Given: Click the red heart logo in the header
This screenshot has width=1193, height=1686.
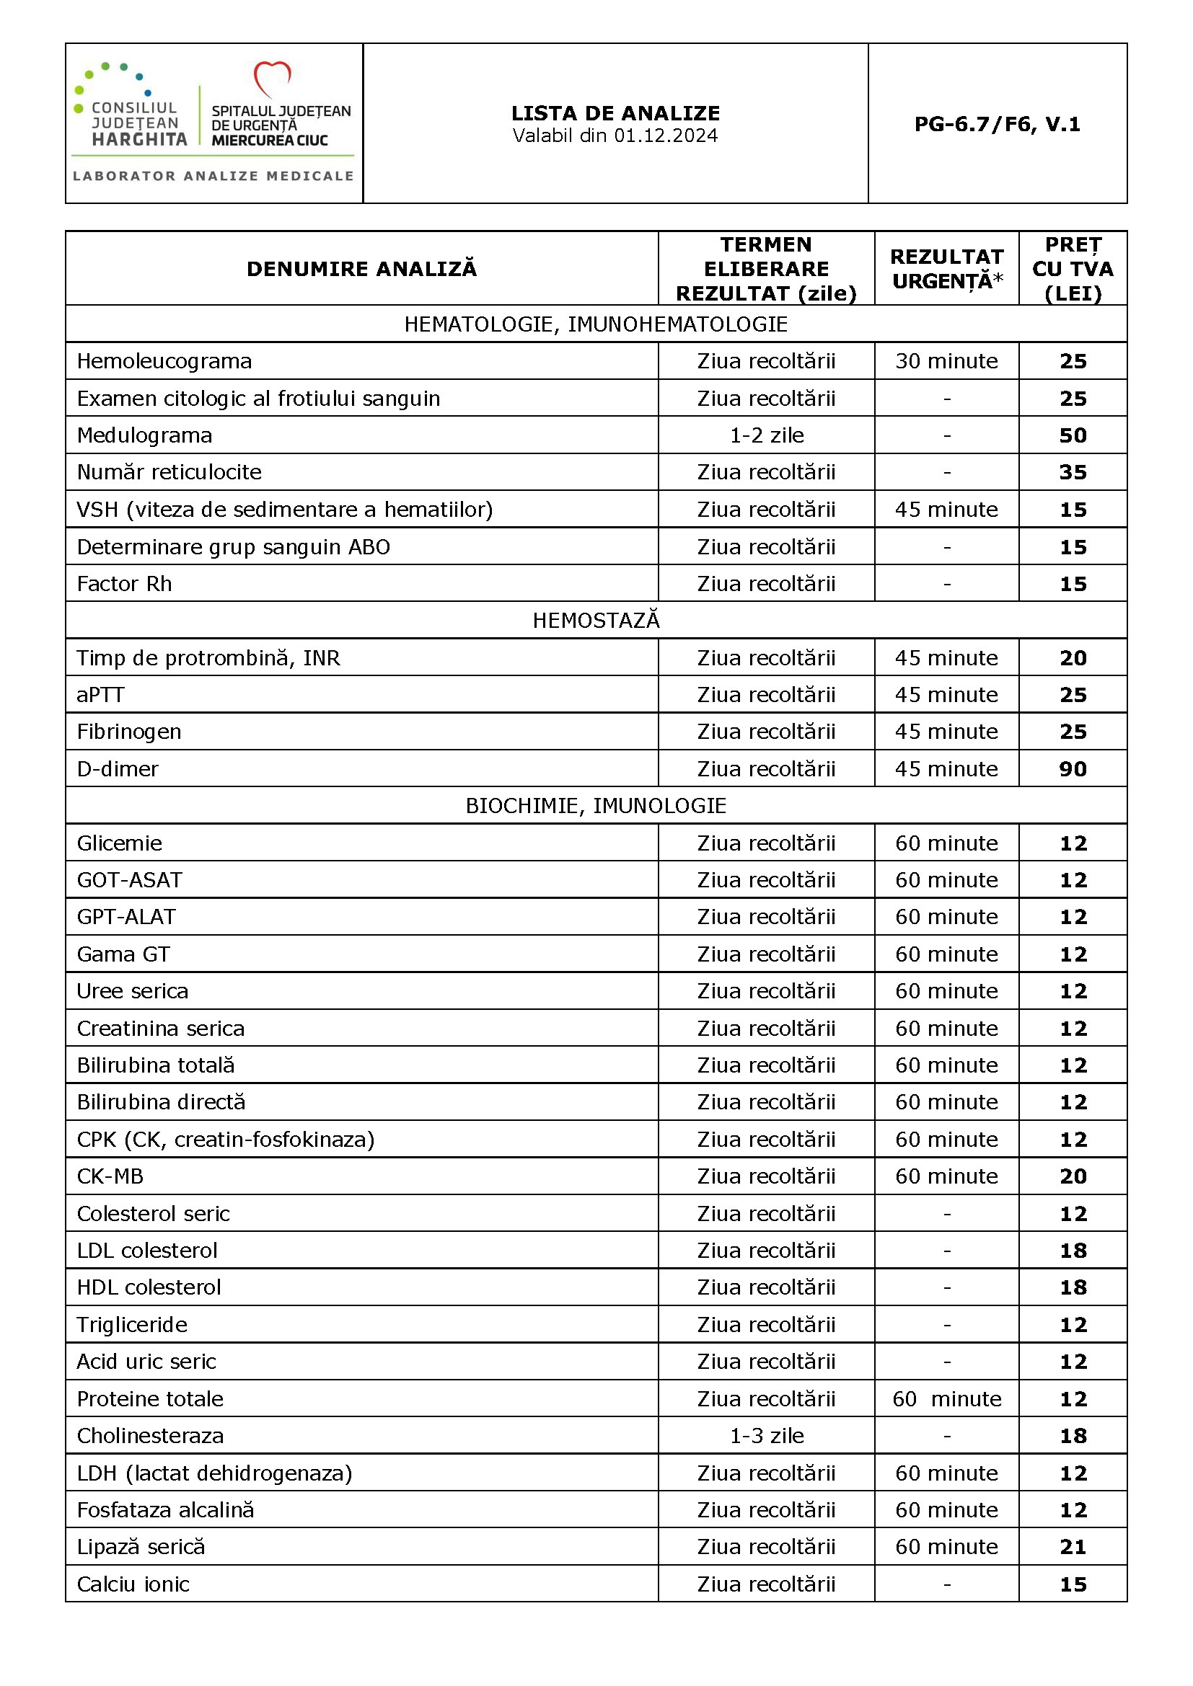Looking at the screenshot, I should click(x=272, y=78).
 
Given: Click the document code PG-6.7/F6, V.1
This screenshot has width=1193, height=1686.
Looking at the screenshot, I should click(x=997, y=124).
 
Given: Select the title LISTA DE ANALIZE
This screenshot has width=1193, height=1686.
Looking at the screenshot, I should click(x=615, y=113).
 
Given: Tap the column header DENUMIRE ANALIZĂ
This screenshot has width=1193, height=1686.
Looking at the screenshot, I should click(x=361, y=269).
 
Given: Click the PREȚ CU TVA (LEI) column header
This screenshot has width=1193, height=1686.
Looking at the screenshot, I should click(x=1073, y=269).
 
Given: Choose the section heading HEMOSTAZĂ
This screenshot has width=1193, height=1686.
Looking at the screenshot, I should click(x=596, y=621).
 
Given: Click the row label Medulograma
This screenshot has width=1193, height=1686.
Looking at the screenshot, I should click(x=145, y=435).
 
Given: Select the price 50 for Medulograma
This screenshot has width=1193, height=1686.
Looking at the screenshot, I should click(x=1073, y=435).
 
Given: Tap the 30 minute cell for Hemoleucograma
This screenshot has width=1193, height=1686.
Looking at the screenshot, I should click(x=946, y=361).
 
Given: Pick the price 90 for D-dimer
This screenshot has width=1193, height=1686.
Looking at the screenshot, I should click(x=1073, y=769).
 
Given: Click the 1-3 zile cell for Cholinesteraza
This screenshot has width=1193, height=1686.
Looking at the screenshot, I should click(x=766, y=1436).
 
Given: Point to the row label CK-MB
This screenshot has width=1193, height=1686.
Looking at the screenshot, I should click(x=110, y=1176).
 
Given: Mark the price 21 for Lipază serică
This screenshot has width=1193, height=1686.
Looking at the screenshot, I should click(x=1073, y=1546).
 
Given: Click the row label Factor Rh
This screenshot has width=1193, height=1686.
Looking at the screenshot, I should click(x=124, y=584).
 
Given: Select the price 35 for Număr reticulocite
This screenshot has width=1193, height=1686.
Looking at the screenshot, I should click(x=1073, y=472).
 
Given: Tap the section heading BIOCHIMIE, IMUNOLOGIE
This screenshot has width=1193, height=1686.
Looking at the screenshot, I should click(x=596, y=806).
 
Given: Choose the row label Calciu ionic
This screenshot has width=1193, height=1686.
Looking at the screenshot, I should click(x=133, y=1584).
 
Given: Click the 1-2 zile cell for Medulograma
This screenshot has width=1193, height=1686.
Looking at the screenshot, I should click(x=766, y=435).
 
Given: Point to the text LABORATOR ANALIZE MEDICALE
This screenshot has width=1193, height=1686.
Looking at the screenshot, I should click(x=213, y=176).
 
